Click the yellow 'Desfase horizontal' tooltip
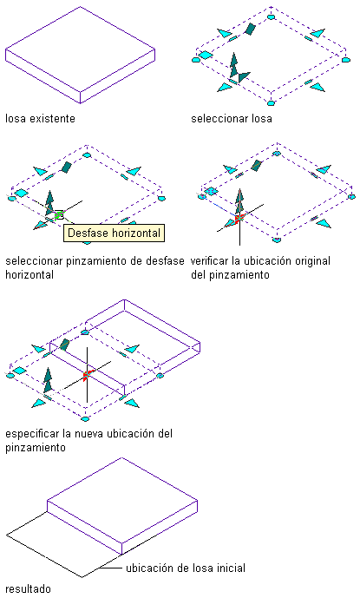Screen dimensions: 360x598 click(114, 233)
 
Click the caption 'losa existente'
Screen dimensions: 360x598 click(40, 119)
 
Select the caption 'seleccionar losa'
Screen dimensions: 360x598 click(232, 119)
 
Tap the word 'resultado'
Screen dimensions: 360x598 click(28, 588)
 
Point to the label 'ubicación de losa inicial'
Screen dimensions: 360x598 click(186, 568)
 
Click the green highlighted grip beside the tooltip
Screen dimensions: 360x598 click(59, 215)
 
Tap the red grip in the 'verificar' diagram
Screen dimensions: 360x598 click(239, 219)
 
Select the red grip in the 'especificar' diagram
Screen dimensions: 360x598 click(87, 375)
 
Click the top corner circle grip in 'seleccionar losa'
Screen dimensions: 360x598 click(271, 16)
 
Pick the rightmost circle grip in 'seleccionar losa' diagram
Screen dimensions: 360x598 click(345, 60)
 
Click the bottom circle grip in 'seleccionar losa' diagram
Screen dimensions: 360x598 click(271, 103)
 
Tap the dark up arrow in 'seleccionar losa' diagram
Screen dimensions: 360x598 click(233, 65)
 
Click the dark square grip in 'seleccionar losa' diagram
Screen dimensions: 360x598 click(250, 29)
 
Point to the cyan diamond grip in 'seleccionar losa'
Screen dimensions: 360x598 click(206, 55)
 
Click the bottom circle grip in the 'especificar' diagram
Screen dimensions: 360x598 click(85, 418)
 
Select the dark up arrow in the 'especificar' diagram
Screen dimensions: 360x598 click(48, 380)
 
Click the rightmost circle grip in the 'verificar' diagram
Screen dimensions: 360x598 click(351, 197)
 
